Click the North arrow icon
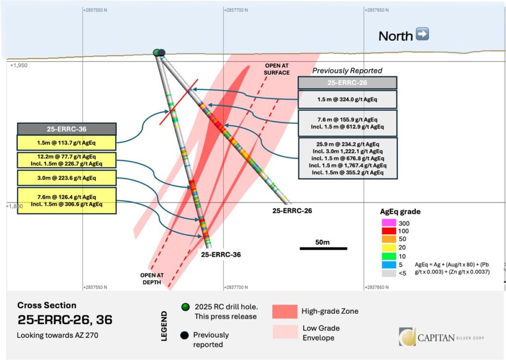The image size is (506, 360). click(x=422, y=35)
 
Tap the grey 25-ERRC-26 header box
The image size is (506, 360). click(x=347, y=83)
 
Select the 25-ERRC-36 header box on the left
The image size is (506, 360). click(x=67, y=129)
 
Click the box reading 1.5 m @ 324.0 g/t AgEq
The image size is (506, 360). click(x=347, y=99)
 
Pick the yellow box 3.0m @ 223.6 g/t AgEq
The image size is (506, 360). click(x=67, y=178)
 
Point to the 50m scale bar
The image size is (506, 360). click(x=323, y=248)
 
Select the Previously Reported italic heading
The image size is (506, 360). click(x=347, y=71)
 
